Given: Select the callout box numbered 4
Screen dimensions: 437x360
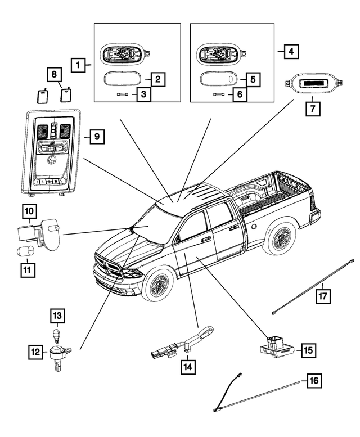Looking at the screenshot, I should coord(290,52).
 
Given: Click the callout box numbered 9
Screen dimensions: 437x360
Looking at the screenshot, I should coord(96,137).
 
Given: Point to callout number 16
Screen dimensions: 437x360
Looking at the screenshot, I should coord(314,381).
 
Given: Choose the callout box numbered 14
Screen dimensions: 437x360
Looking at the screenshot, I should coord(188,367).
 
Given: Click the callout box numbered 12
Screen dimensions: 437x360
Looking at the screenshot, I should coord(37,353).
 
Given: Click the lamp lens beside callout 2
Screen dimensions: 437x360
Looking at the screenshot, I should coord(123,79).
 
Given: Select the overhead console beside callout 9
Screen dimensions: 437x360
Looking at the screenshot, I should coord(52,151).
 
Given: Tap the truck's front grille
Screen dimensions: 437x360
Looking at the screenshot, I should coord(108,267).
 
